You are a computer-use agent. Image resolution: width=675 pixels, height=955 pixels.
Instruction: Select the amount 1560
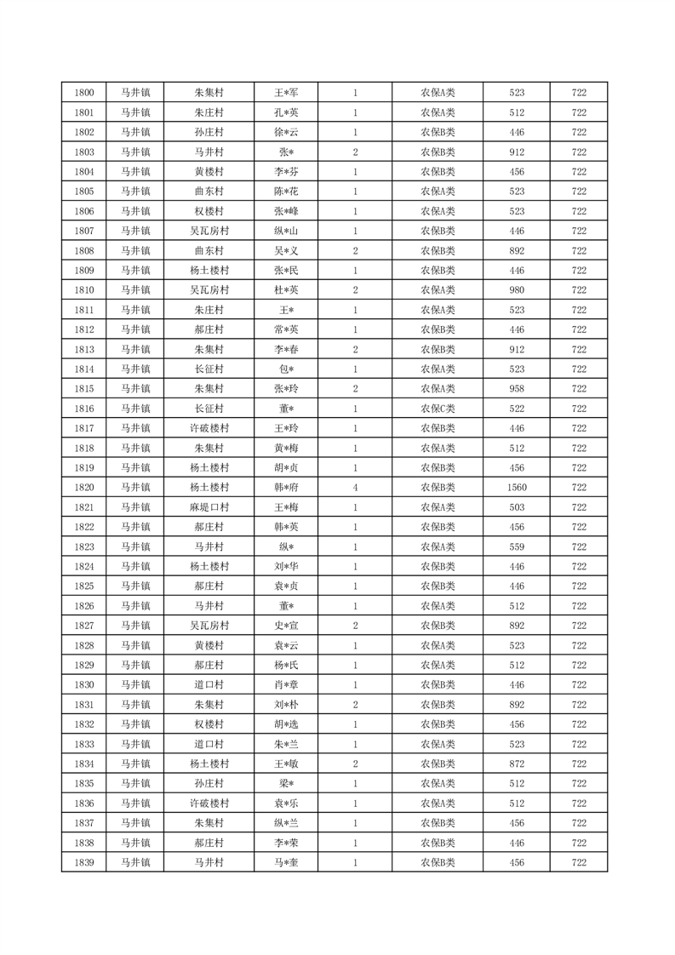[x=517, y=488]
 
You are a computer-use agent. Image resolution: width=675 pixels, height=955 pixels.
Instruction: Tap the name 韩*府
[x=286, y=488]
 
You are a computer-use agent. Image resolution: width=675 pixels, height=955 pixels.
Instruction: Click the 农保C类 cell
[x=438, y=409]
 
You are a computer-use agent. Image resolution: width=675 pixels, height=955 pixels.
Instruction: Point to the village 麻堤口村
[x=209, y=507]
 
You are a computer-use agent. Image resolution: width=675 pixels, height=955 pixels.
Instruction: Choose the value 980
[x=517, y=290]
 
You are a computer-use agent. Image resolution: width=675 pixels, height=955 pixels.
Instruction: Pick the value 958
[x=517, y=389]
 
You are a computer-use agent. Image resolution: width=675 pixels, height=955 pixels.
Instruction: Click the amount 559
[x=517, y=546]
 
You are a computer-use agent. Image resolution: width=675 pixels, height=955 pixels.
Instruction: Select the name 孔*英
[x=286, y=112]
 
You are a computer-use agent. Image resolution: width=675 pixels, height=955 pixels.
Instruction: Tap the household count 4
[x=355, y=488]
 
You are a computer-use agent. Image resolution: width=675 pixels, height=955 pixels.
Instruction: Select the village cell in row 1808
[x=209, y=251]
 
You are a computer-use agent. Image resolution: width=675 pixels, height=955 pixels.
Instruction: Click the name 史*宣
[x=286, y=626]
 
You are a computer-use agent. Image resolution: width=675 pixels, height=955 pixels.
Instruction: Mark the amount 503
[x=517, y=507]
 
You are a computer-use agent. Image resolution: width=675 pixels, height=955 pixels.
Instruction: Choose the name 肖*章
[x=286, y=685]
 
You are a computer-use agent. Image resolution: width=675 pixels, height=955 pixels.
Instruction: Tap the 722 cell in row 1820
[x=579, y=488]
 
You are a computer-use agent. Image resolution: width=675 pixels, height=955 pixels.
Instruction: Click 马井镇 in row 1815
[x=134, y=389]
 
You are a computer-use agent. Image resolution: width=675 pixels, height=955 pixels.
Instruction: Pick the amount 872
[x=517, y=763]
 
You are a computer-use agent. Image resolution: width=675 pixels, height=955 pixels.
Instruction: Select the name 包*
[x=286, y=369]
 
